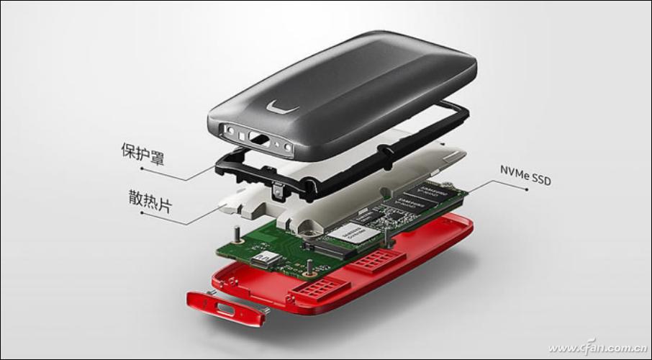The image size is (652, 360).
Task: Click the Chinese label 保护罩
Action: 142,153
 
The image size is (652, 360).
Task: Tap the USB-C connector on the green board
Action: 266,257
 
